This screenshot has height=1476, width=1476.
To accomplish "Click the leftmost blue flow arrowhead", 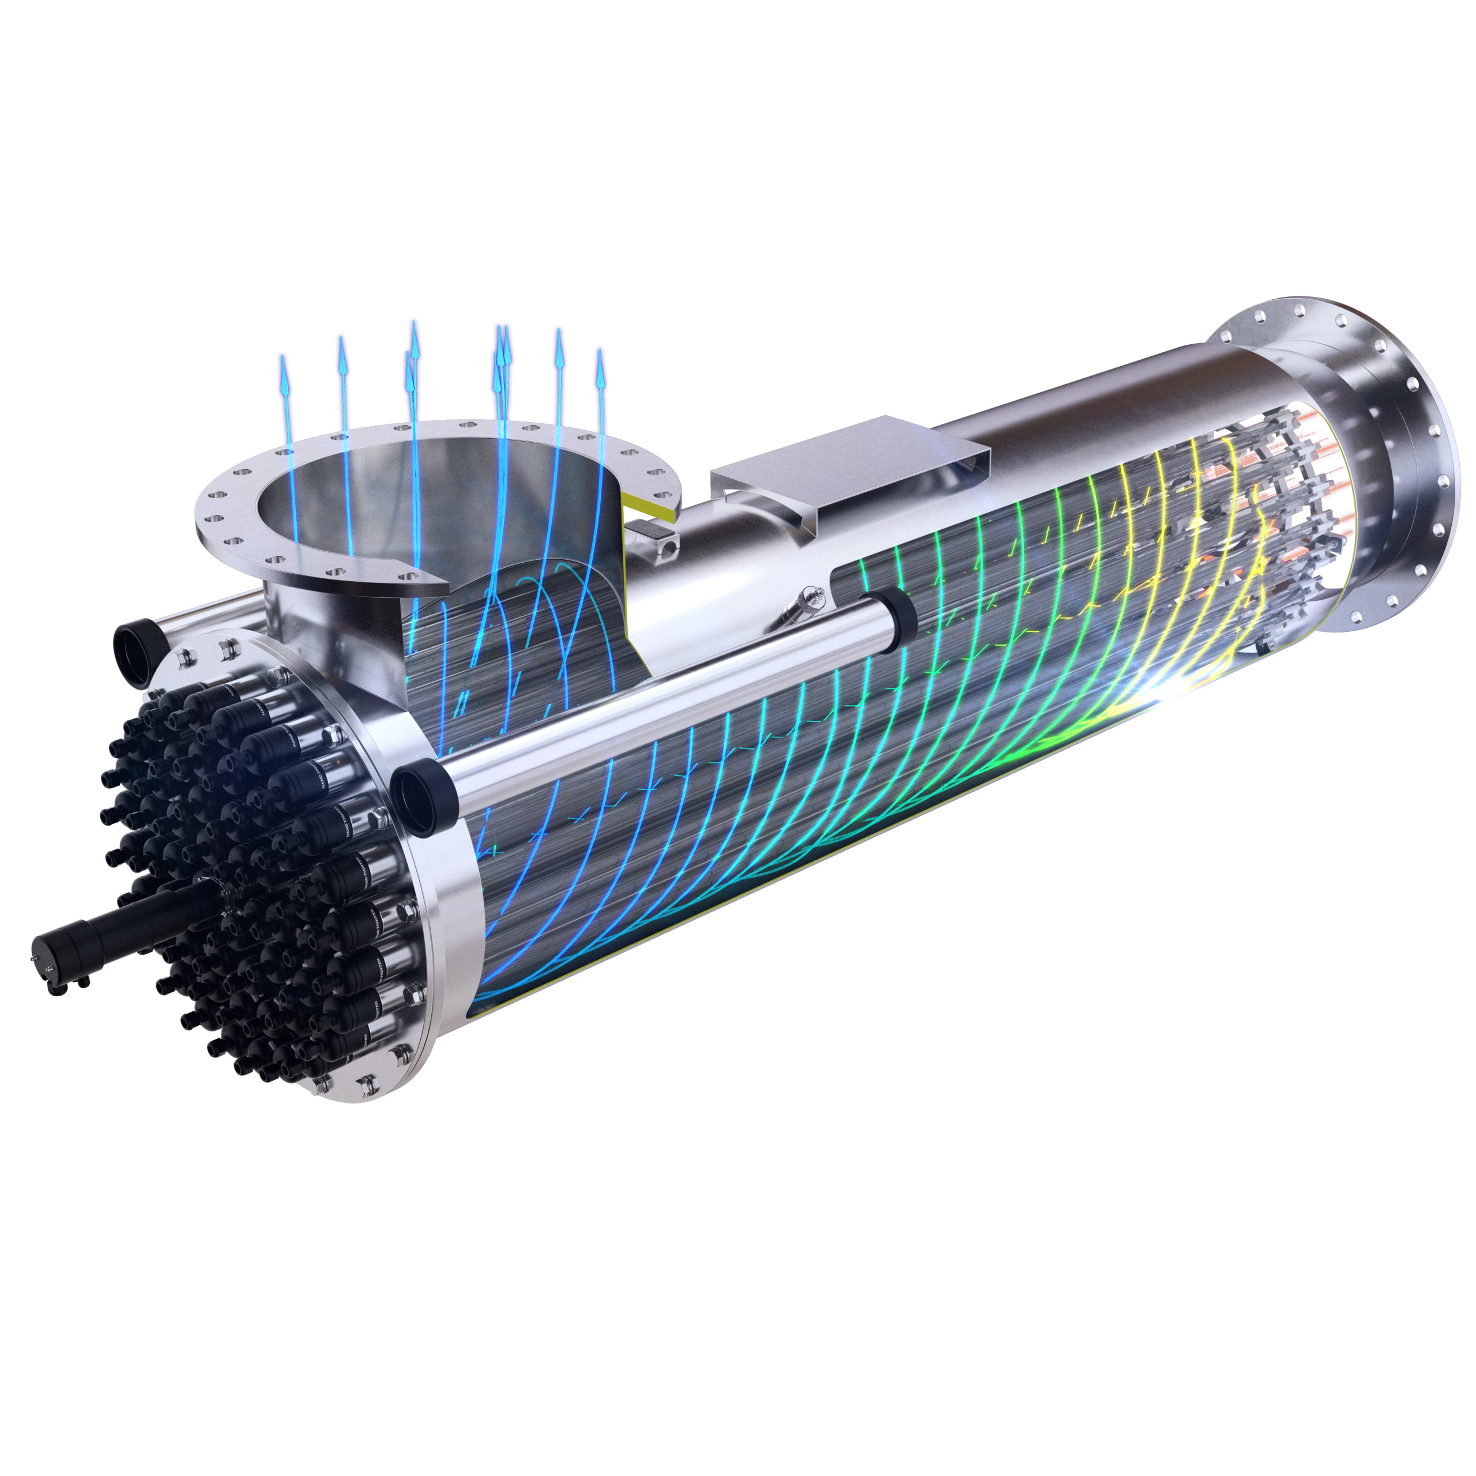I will pyautogui.click(x=284, y=374).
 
